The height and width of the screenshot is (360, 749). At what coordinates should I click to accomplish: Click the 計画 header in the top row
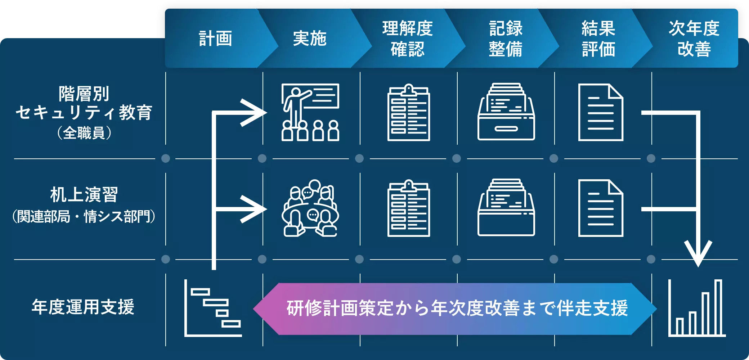click(215, 39)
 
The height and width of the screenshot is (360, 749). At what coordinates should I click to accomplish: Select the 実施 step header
click(310, 39)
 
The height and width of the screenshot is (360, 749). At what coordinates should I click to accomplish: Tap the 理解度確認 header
click(407, 39)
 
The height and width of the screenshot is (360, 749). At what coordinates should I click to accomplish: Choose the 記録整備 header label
click(506, 39)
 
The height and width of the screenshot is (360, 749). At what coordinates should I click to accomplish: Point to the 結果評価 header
click(598, 39)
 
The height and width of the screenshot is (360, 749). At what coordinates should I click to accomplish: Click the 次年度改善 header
click(694, 39)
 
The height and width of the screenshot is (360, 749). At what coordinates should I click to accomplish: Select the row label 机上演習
click(84, 195)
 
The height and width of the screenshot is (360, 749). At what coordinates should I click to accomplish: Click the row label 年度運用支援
click(83, 307)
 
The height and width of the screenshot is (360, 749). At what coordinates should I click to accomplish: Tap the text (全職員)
click(84, 133)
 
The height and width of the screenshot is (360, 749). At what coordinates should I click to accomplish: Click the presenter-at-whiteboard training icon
click(310, 112)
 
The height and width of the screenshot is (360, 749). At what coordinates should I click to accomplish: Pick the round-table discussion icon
click(310, 208)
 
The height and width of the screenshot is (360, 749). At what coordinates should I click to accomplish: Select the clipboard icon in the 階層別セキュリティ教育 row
click(408, 112)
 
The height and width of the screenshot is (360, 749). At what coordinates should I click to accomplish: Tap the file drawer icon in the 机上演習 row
click(506, 208)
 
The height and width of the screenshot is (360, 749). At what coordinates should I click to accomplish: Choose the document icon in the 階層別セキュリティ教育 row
click(600, 112)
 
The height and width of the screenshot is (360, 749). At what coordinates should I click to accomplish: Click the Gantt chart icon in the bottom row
click(213, 308)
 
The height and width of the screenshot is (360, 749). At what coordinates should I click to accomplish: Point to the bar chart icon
click(697, 308)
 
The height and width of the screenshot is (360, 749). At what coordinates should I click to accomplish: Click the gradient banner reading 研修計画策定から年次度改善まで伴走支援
click(456, 309)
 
